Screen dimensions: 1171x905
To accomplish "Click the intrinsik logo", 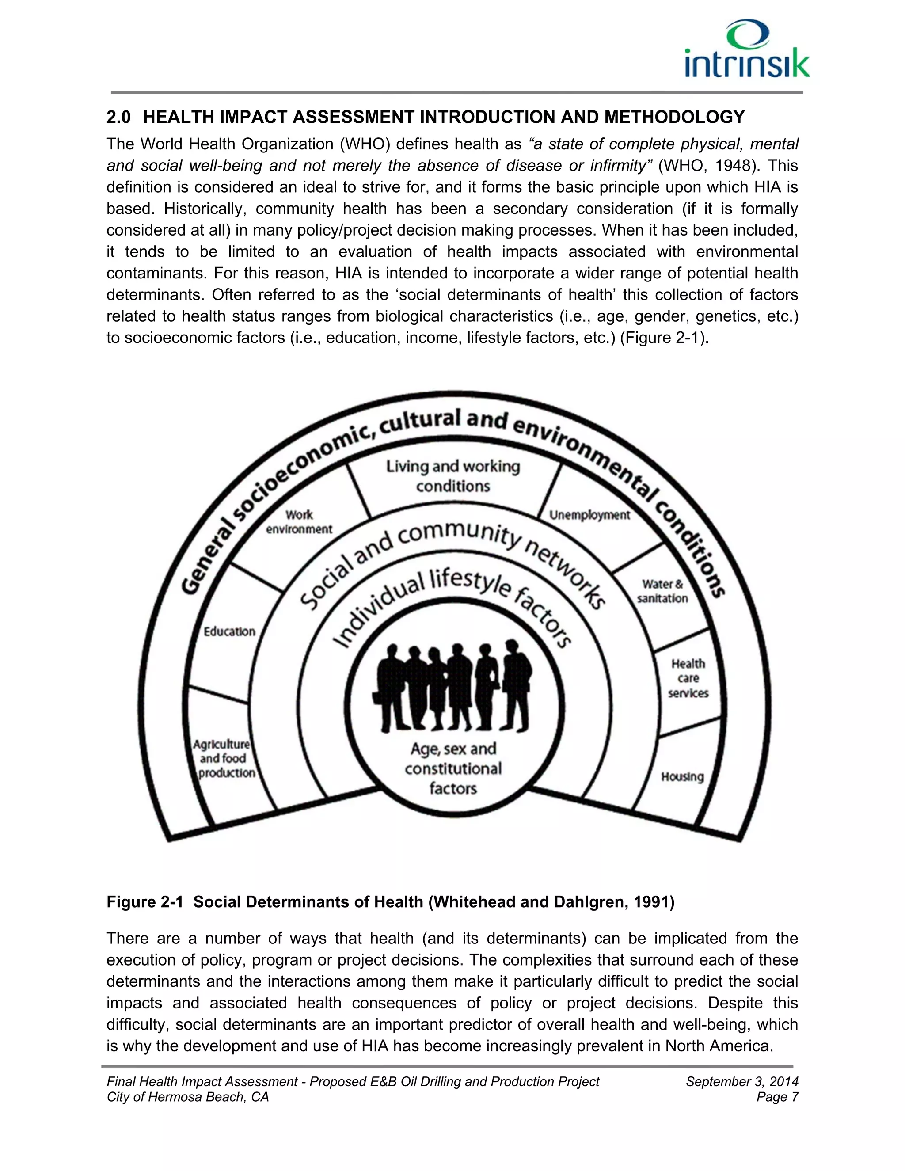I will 747,50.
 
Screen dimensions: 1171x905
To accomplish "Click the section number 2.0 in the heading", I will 118,117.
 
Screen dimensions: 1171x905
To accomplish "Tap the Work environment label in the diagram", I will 299,522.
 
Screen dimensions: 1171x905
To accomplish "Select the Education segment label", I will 229,631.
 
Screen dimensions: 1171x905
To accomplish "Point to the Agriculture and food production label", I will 224,758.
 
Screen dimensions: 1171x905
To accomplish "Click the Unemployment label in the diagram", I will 590,515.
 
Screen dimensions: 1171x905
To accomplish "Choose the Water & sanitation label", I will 663,591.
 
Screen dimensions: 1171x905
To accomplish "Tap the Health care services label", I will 688,678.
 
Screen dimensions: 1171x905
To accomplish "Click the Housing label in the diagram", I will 682,776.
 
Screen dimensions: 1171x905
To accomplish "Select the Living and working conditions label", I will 453,476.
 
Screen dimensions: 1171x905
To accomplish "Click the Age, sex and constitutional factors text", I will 453,768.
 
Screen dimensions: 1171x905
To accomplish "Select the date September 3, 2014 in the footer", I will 742,1081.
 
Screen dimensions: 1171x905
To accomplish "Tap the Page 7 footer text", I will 777,1097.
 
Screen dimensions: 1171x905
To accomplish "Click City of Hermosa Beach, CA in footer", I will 188,1097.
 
